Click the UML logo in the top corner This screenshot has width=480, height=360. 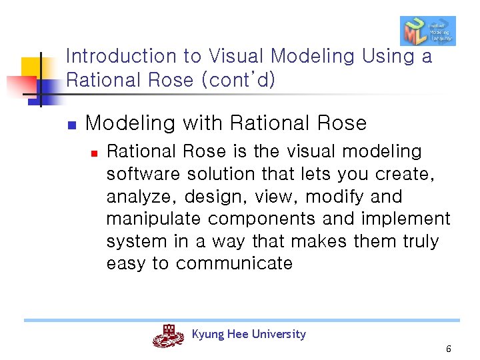pyautogui.click(x=427, y=31)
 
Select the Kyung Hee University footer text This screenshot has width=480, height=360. pyautogui.click(x=249, y=334)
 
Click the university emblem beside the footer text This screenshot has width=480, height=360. pyautogui.click(x=168, y=336)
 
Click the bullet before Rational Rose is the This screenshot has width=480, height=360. pyautogui.click(x=95, y=153)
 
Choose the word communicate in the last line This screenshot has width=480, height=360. pyautogui.click(x=234, y=263)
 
